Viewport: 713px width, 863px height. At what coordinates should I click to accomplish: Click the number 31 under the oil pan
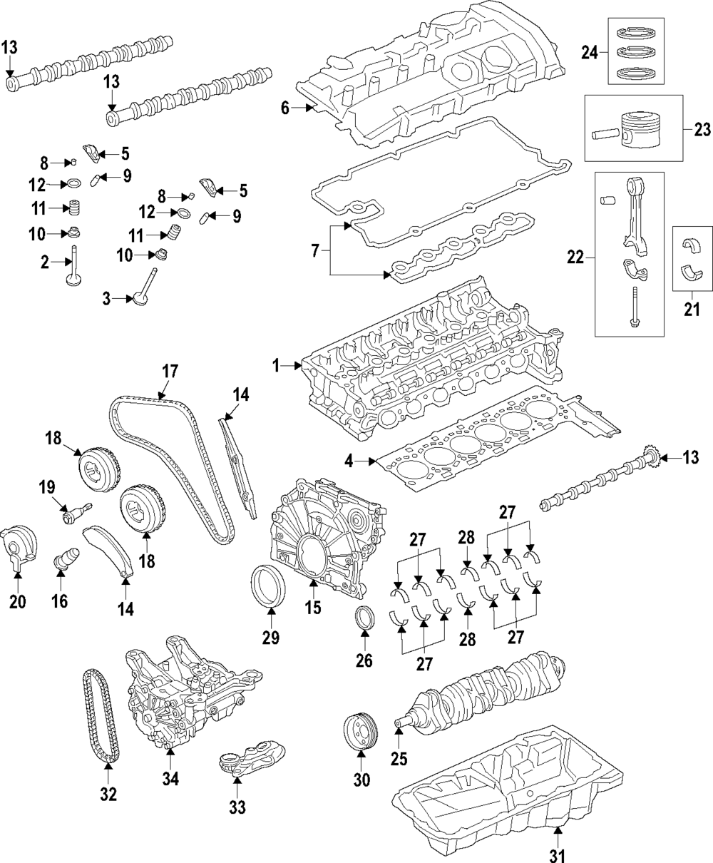[558, 854]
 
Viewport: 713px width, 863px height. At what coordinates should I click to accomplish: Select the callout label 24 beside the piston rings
[590, 53]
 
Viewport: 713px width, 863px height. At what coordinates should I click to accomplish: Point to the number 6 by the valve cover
[285, 108]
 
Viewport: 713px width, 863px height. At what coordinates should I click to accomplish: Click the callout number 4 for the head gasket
[349, 461]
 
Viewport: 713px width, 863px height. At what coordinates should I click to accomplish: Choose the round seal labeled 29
[269, 587]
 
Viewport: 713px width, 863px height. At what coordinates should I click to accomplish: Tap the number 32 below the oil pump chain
[108, 794]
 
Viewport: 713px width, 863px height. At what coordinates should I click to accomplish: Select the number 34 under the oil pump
[170, 779]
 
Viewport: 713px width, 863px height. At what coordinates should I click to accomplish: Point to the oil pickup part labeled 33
[250, 758]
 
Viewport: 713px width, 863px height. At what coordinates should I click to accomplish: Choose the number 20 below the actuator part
[17, 601]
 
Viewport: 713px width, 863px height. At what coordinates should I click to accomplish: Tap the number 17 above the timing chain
[170, 372]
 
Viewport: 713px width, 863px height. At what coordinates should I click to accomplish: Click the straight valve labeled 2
[74, 265]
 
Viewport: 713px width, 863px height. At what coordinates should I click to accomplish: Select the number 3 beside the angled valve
[107, 298]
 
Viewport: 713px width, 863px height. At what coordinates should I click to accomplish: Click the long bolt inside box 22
[634, 307]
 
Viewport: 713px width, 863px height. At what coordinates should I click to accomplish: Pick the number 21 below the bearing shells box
[692, 309]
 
